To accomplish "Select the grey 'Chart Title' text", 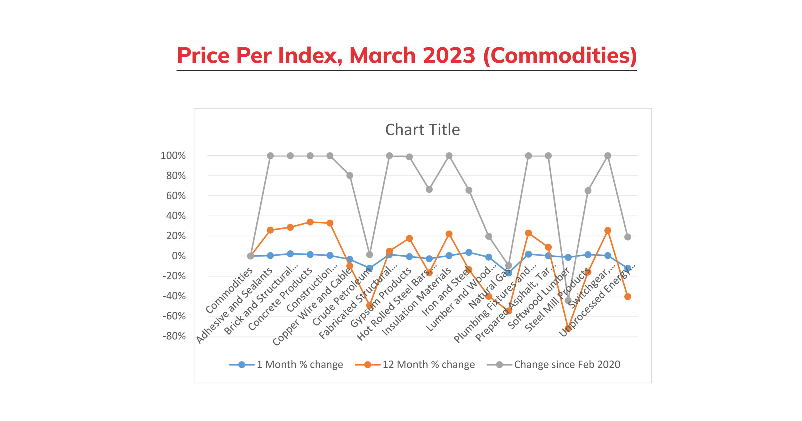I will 422,130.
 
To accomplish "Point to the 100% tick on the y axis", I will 173,156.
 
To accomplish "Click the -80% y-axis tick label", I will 174,336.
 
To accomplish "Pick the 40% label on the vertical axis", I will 176,216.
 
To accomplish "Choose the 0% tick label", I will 179,256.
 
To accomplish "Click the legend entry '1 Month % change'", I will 299,365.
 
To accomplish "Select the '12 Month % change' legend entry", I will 428,365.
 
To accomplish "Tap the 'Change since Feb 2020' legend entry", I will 567,365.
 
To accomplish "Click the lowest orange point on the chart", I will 568,329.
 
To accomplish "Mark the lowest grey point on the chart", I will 568,301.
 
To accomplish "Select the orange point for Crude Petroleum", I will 370,305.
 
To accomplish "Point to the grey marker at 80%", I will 350,176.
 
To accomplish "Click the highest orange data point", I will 310,222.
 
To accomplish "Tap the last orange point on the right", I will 628,297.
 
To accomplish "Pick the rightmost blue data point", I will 628,268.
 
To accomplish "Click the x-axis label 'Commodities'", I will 229,290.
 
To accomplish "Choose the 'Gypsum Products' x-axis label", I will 381,298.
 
